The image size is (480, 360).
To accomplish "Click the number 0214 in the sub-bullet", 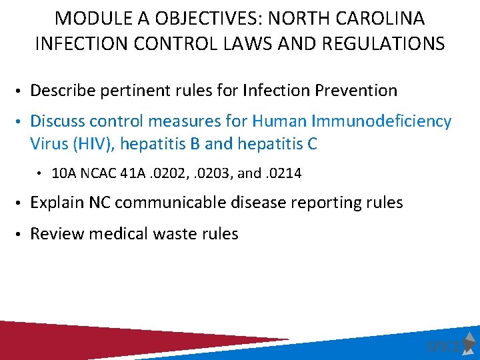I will pos(286,173).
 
